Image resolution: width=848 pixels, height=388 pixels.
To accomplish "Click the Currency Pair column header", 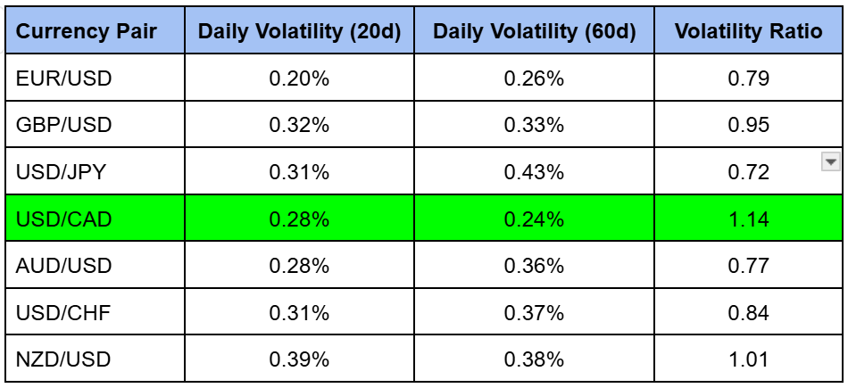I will point(87,32).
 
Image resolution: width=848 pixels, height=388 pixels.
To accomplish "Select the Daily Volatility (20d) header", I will point(299,32).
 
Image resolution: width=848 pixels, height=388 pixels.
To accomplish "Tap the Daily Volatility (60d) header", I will point(534,32).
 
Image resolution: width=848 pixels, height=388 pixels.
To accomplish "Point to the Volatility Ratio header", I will point(748,32).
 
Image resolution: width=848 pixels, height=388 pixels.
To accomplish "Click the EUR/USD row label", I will point(63,78).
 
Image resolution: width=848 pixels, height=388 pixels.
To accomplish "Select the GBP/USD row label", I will point(63,125).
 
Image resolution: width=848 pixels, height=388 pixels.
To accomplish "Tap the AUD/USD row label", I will point(63,266).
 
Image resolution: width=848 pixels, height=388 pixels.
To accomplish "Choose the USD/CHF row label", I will point(63,313).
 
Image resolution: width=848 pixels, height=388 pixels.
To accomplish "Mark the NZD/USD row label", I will point(63,359).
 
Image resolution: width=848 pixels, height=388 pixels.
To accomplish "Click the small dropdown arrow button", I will point(830,161).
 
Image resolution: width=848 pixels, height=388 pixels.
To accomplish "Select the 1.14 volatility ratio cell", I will point(748,219).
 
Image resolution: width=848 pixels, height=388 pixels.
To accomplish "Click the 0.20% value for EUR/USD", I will point(299,78).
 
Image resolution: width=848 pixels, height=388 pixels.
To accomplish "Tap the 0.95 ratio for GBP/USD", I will point(748,125).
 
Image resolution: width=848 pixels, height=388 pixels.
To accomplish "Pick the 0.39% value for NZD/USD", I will point(299,359).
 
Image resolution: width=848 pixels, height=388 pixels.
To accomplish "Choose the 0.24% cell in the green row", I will point(534,219).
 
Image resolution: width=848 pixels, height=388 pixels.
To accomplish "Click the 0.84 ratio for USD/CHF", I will point(748,313).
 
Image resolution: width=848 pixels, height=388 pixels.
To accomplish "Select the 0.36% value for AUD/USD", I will point(534,266).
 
